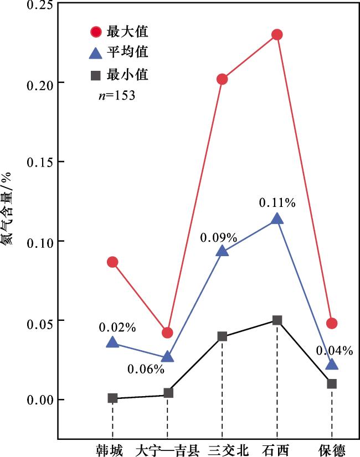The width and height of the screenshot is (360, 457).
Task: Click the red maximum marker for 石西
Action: (277, 35)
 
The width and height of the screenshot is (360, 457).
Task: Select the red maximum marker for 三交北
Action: (222, 79)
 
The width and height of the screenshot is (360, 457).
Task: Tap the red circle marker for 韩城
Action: (112, 262)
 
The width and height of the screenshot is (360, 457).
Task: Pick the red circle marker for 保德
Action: (332, 323)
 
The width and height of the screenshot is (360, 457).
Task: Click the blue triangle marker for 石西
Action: (277, 219)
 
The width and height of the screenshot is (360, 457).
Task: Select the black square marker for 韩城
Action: (112, 398)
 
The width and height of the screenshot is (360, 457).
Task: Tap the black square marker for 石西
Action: (277, 320)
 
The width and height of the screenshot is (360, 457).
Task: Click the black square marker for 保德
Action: (332, 383)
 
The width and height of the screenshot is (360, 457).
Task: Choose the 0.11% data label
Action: (277, 202)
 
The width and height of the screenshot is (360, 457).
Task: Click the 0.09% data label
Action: (219, 238)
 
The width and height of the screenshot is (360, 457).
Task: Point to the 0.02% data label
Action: (117, 328)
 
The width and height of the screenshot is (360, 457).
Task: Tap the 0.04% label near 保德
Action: (335, 350)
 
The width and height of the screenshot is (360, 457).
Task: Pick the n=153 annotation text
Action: (116, 95)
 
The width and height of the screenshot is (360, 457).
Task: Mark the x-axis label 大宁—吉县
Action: (167, 449)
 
